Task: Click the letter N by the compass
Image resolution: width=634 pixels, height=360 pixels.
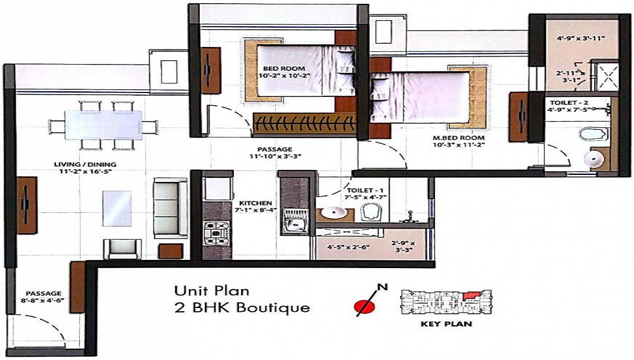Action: pyautogui.click(x=382, y=287)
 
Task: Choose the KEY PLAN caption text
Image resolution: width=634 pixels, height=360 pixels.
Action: pyautogui.click(x=446, y=325)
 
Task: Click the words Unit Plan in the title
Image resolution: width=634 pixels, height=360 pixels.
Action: pyautogui.click(x=212, y=292)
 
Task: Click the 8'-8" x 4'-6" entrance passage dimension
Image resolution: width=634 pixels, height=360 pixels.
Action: pyautogui.click(x=44, y=301)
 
